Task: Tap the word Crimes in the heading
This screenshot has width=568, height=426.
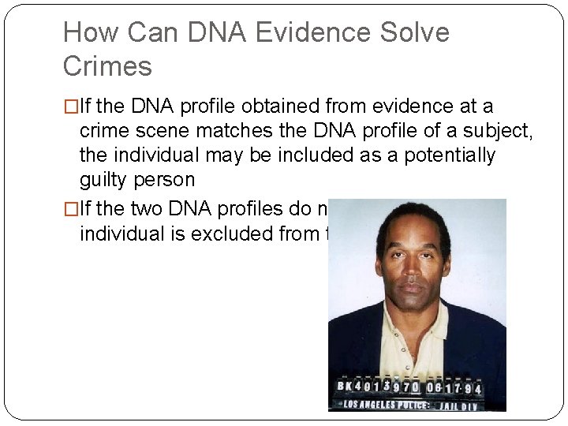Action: point(107,66)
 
